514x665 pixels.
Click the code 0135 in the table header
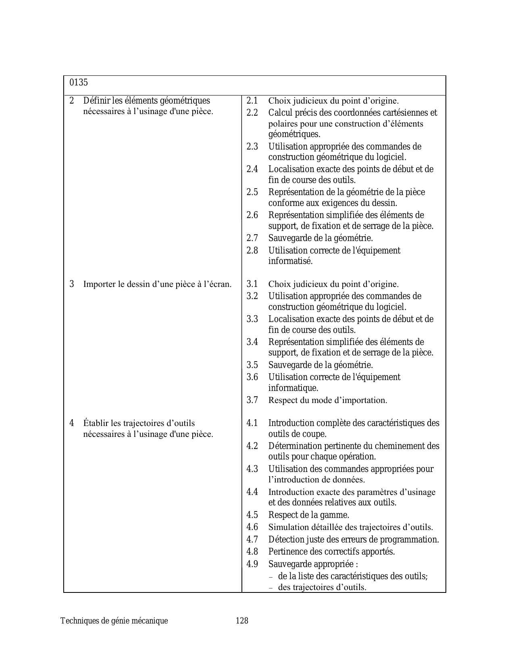(79, 83)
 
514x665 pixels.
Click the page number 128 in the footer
(242, 621)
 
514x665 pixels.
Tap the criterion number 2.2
(252, 113)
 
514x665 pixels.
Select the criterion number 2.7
(252, 238)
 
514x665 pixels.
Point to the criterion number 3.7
(252, 400)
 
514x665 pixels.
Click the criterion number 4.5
(252, 515)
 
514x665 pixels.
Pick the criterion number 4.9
(252, 564)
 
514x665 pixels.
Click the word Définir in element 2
(96, 100)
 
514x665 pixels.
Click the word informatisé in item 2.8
(290, 261)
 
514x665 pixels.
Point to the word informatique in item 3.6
(293, 388)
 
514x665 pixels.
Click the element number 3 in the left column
(72, 284)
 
